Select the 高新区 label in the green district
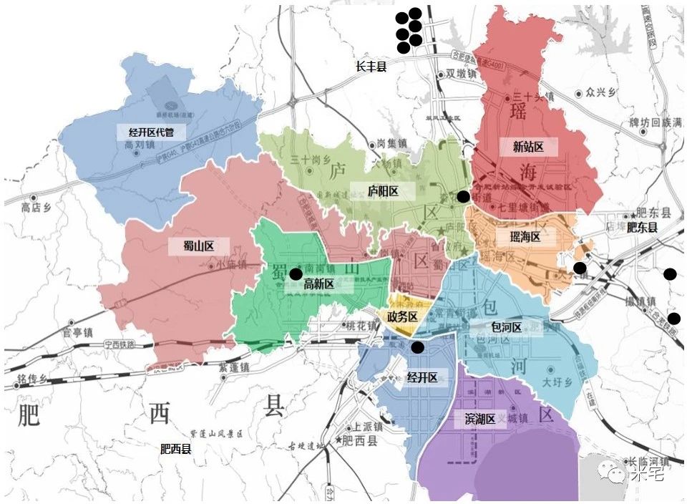319,284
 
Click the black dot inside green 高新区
295,273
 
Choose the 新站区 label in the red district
528,147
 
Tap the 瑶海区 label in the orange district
525,237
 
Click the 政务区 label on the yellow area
401,316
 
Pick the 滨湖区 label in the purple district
480,420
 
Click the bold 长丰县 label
371,66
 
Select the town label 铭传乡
32,378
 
